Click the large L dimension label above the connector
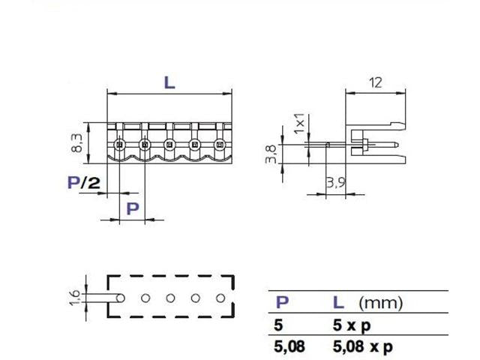tap(169, 83)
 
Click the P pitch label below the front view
tap(131, 208)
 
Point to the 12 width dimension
tap(378, 83)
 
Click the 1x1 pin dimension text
tap(298, 124)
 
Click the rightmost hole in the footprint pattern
tap(220, 298)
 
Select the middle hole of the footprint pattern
tap(169, 298)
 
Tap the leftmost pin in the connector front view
tap(119, 144)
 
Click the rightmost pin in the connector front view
tap(220, 144)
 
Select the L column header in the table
tap(338, 302)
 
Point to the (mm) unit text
tap(380, 303)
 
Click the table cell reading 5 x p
tap(352, 326)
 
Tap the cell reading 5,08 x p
tap(362, 346)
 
